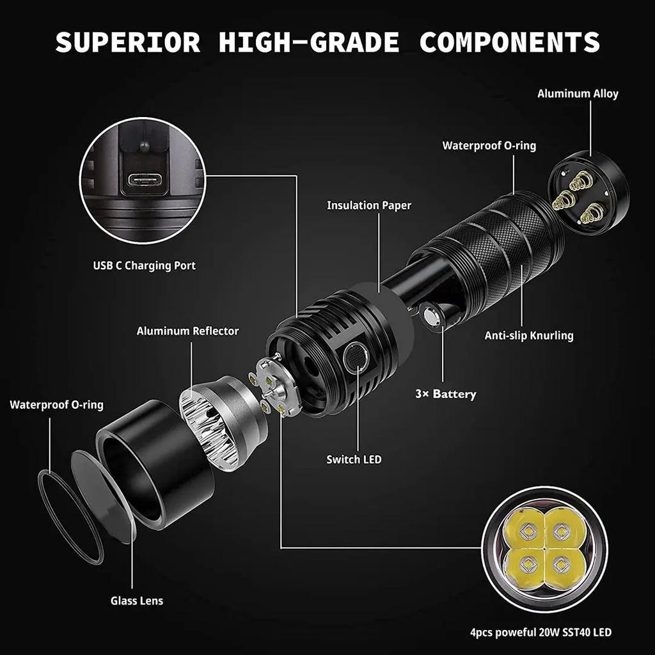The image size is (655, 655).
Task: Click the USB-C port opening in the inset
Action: (x=148, y=180)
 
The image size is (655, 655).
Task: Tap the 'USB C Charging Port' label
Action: (x=145, y=265)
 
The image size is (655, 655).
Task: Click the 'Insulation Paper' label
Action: (x=369, y=205)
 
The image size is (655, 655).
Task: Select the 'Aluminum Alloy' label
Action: (x=578, y=93)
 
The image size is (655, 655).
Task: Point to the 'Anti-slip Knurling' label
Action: (x=529, y=335)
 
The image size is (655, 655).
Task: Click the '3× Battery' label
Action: (x=445, y=393)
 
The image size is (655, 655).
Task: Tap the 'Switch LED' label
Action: (x=354, y=459)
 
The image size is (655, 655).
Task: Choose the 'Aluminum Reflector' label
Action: (x=187, y=331)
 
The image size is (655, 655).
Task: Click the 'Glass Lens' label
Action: (x=137, y=600)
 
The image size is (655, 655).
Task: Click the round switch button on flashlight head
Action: (x=356, y=358)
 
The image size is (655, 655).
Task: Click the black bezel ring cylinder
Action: (x=154, y=461)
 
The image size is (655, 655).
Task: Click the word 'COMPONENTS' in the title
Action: (x=509, y=42)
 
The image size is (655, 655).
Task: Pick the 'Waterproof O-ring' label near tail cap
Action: (x=489, y=145)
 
